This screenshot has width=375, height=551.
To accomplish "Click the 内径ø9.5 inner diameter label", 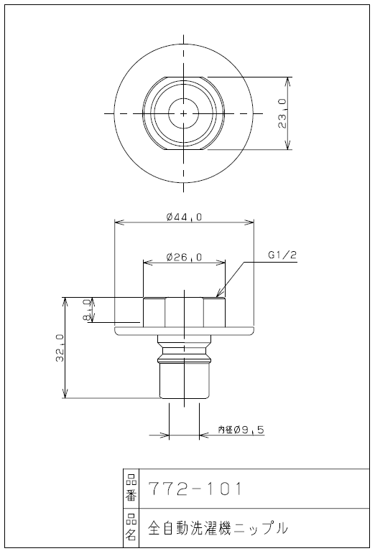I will (x=241, y=430).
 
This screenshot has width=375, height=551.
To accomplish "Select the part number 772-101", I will (x=195, y=489).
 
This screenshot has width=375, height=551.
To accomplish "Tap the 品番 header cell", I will (x=130, y=489).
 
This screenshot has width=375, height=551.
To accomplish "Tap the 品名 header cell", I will (x=130, y=529).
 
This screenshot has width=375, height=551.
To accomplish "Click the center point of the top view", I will (x=184, y=113).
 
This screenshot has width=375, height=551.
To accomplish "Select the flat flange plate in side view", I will (x=184, y=330).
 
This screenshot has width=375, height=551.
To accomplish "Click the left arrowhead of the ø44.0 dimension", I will (x=118, y=222).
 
